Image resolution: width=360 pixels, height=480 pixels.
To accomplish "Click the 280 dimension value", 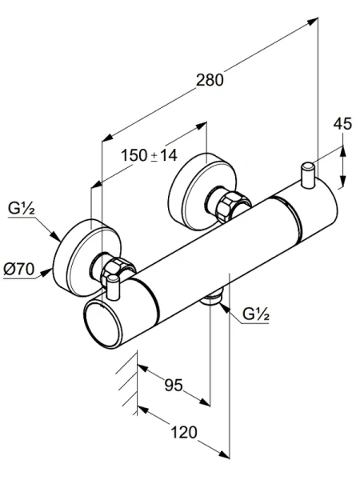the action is (210, 80).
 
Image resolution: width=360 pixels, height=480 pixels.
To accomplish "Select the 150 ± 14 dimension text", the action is (149, 155).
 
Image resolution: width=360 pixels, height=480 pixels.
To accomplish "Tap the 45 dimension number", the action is (342, 124).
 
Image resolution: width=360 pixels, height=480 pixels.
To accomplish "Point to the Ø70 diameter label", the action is (18, 270).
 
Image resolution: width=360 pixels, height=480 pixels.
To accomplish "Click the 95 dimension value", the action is (174, 385).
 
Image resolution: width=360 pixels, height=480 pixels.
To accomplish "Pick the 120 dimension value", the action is (184, 433).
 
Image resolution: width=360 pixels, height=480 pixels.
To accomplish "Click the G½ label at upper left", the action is (21, 209).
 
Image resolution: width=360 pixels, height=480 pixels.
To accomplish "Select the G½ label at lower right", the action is (256, 314).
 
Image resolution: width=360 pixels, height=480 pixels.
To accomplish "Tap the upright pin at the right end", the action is (308, 174).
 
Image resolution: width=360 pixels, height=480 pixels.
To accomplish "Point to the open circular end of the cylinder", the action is (103, 325).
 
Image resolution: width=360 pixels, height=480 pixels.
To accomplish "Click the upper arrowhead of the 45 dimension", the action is (342, 150).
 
